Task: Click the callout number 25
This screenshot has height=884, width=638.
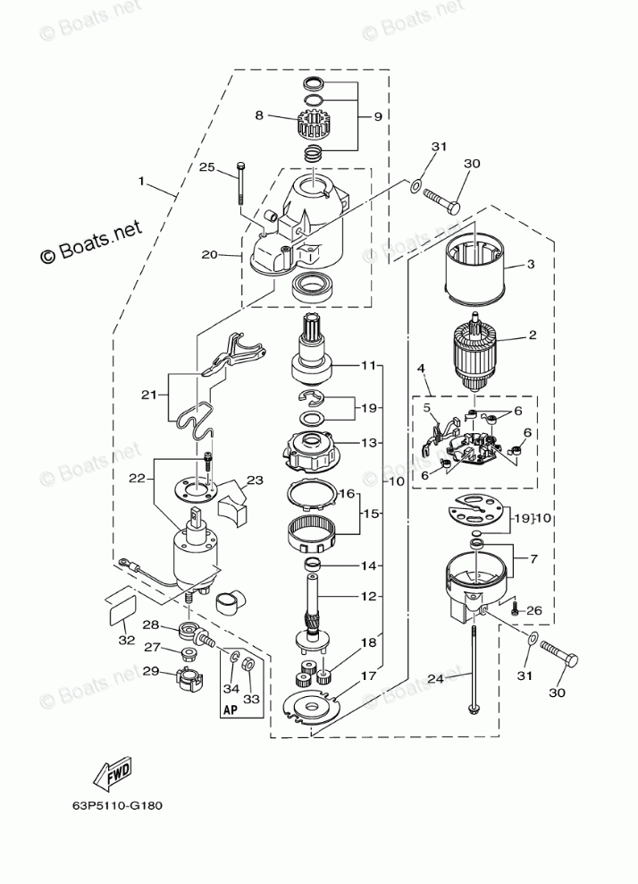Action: (206, 167)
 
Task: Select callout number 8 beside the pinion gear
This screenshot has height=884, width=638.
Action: (259, 115)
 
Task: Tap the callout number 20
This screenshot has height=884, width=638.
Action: (209, 254)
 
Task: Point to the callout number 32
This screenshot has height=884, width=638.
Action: (127, 640)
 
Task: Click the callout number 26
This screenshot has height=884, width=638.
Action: (535, 611)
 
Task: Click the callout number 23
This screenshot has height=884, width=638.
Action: (255, 480)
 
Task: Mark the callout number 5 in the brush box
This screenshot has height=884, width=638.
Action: (427, 408)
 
